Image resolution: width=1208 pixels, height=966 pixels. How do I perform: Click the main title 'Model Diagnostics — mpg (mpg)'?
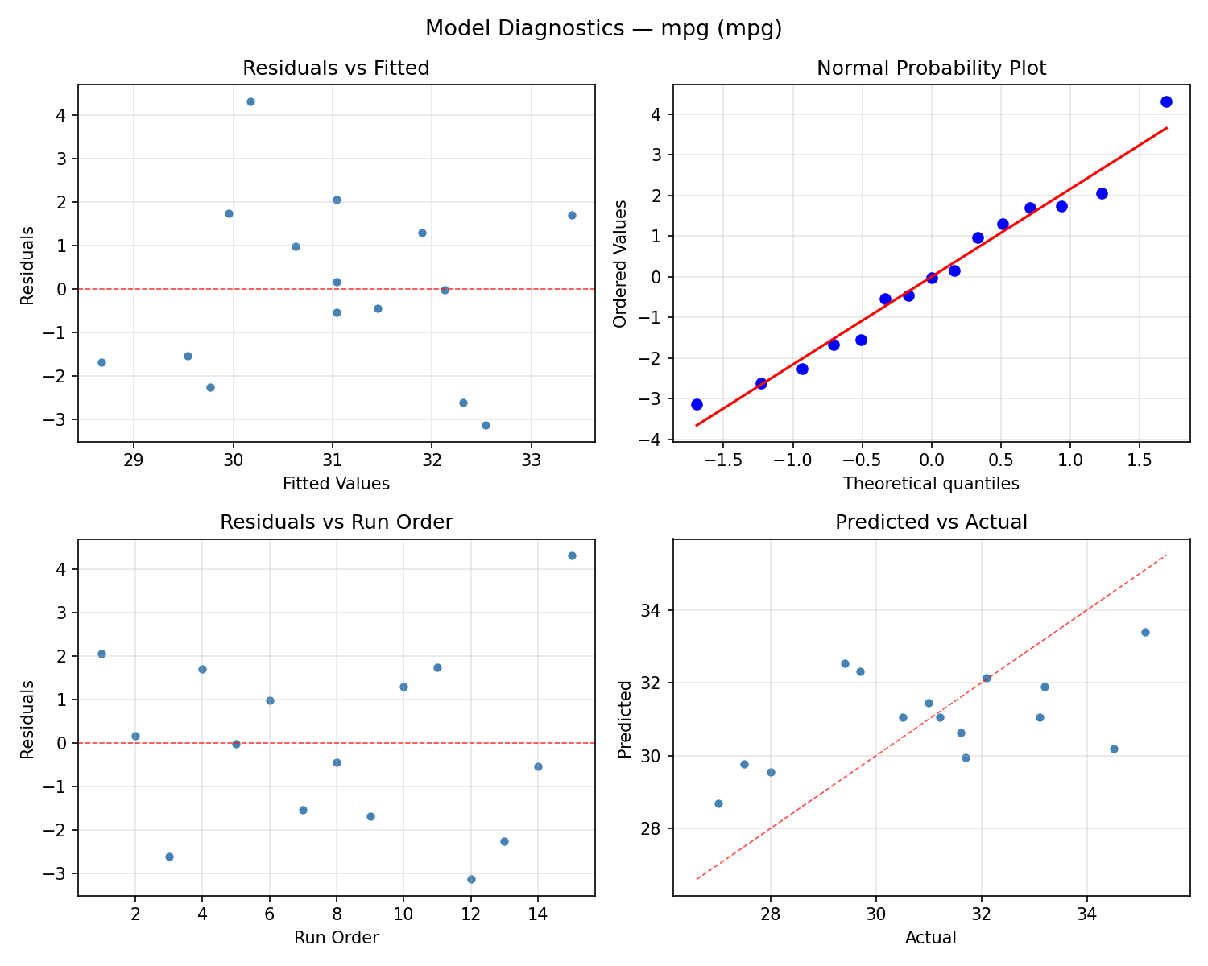pos(603,29)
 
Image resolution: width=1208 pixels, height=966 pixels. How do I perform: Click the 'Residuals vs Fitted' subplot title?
pos(336,68)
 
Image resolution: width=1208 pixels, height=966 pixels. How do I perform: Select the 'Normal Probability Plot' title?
pos(931,68)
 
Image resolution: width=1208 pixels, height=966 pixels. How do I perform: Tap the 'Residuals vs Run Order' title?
pos(336,522)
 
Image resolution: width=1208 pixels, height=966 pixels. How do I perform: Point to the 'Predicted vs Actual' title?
pos(931,522)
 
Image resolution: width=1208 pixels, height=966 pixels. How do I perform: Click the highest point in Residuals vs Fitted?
pos(250,101)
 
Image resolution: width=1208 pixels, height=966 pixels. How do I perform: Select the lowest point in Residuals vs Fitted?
pos(486,425)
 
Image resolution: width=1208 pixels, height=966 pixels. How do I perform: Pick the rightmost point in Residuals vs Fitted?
pos(572,215)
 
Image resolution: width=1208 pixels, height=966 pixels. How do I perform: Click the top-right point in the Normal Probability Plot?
pos(1166,101)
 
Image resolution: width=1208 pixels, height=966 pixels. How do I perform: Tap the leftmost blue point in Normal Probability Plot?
pos(697,404)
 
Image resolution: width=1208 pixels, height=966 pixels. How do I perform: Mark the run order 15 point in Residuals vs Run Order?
pos(572,555)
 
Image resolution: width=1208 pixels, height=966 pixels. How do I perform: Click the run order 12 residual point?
pos(471,879)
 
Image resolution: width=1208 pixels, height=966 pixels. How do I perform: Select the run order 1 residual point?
pos(101,654)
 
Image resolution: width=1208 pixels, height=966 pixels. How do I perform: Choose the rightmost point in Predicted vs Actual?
pos(1145,632)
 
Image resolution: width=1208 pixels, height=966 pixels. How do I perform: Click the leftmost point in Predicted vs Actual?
pos(718,803)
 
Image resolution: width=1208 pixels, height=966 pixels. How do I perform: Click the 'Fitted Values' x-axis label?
pos(336,484)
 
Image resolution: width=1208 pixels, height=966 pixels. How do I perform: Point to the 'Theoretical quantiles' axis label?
pos(931,484)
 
